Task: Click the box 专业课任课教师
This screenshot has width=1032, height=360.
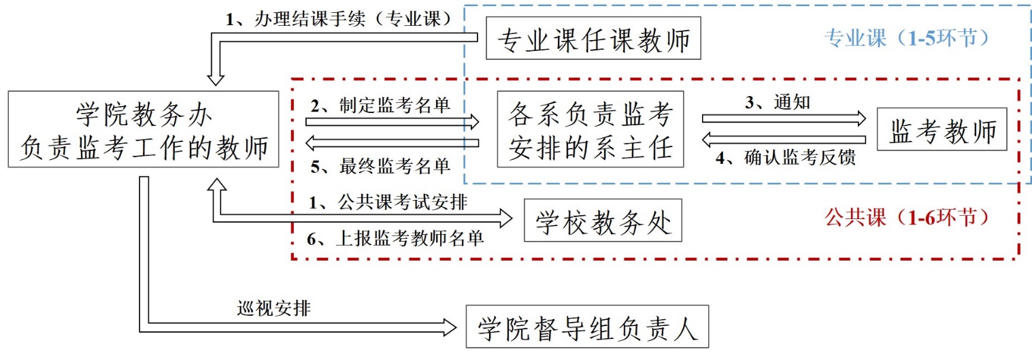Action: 594,39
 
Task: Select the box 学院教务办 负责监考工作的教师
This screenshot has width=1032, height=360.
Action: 144,129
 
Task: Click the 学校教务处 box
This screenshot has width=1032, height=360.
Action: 603,220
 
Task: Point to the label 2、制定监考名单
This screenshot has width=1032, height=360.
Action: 380,105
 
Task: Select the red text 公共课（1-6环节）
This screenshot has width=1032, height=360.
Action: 905,218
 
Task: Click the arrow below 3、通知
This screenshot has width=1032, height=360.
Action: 784,118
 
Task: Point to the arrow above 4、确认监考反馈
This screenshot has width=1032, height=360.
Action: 784,140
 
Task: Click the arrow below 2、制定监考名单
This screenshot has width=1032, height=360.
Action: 393,122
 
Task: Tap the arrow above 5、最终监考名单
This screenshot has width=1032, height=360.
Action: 393,144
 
